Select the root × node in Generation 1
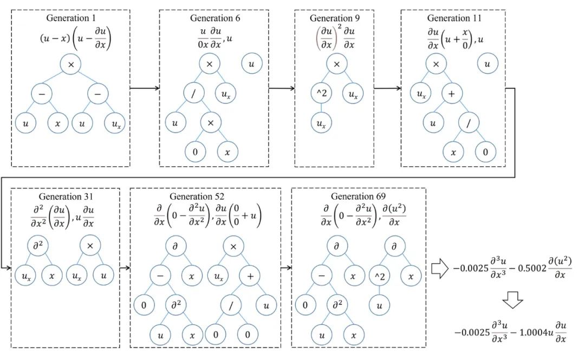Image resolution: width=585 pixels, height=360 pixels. (x=71, y=64)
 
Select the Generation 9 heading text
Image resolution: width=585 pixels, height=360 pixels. (x=336, y=18)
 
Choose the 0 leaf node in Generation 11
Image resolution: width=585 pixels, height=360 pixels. (x=485, y=152)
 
